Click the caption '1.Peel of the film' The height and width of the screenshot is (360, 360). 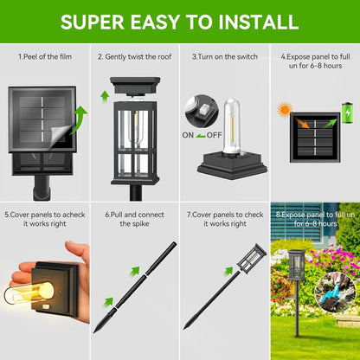click(45, 56)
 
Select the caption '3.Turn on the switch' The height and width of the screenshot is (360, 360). click(225, 56)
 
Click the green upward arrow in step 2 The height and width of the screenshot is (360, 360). click(106, 89)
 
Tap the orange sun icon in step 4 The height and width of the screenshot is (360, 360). click(284, 110)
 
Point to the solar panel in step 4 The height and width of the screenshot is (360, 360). click(313, 134)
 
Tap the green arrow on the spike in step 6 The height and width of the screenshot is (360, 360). click(109, 303)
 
